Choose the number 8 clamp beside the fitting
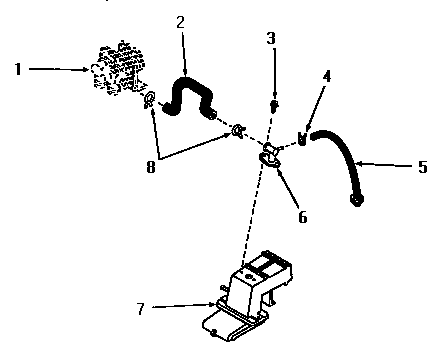point(238,130)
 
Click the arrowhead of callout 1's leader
point(89,69)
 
